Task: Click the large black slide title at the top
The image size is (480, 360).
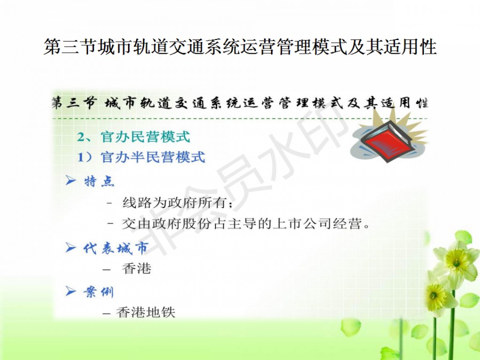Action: pyautogui.click(x=240, y=47)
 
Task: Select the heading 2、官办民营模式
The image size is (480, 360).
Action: pyautogui.click(x=133, y=137)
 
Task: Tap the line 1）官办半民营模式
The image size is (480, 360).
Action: pyautogui.click(x=141, y=157)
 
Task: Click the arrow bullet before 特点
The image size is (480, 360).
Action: pyautogui.click(x=71, y=180)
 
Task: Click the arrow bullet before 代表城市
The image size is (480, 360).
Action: pyautogui.click(x=71, y=247)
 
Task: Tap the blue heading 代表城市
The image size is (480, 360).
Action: pyautogui.click(x=116, y=248)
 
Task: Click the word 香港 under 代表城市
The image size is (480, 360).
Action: pyautogui.click(x=137, y=268)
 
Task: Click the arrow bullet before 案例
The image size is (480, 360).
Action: pyautogui.click(x=71, y=291)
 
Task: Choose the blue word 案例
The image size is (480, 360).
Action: pyautogui.click(x=99, y=292)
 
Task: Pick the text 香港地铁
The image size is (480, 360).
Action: pyautogui.click(x=146, y=313)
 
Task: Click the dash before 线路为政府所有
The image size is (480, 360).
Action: pyautogui.click(x=109, y=203)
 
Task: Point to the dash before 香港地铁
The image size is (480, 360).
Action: pyautogui.click(x=107, y=314)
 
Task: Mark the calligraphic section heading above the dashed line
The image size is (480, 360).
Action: pyautogui.click(x=239, y=103)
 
